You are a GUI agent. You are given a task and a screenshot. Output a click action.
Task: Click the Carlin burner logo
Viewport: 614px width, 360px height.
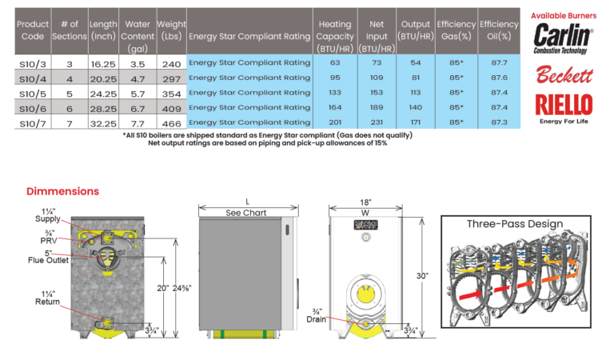tap(563, 38)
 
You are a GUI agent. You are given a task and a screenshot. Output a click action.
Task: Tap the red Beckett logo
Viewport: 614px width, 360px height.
tap(564, 74)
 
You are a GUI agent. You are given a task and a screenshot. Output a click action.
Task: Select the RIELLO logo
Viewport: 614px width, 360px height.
tap(564, 109)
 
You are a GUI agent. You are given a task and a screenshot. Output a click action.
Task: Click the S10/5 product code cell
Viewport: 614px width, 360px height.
tap(33, 94)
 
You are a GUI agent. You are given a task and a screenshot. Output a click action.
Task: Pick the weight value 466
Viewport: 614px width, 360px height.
tap(172, 124)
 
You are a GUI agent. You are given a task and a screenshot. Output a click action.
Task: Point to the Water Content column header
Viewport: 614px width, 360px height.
tap(138, 36)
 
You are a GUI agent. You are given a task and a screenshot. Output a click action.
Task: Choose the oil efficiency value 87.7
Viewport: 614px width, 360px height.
tap(499, 62)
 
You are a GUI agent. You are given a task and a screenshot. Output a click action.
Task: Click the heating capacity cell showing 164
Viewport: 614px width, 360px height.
tap(335, 107)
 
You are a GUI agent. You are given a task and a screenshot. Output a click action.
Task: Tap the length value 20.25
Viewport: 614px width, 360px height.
tap(103, 79)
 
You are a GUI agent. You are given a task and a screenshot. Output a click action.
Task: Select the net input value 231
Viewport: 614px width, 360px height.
tap(377, 122)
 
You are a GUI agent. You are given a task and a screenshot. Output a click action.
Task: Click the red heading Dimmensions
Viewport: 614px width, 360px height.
tap(62, 191)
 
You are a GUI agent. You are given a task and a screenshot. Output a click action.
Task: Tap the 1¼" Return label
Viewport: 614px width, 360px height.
tap(48, 298)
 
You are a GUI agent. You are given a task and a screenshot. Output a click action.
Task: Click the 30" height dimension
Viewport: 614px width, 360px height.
tap(422, 276)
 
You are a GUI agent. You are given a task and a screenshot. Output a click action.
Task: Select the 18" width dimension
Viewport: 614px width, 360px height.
tap(365, 202)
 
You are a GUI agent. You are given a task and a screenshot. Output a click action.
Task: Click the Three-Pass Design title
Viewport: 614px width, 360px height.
tap(515, 224)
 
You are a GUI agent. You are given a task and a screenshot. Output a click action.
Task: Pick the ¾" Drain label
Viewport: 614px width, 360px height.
tap(317, 316)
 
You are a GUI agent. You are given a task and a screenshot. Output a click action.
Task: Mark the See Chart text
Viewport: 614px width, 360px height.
tap(246, 213)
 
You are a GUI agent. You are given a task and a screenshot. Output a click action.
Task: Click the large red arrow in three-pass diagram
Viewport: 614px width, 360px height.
tap(470, 294)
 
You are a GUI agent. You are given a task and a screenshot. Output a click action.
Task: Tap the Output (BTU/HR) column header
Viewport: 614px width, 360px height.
tap(416, 30)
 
